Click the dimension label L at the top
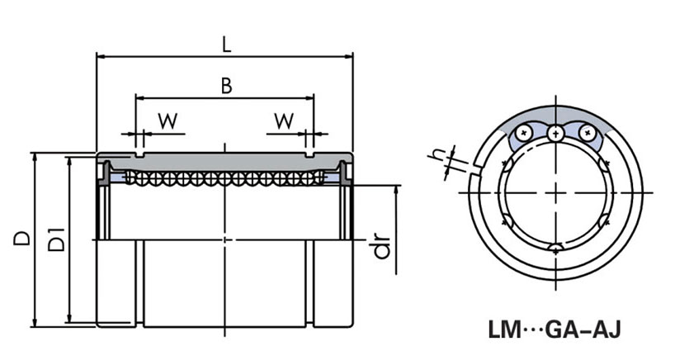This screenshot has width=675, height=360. [226, 43]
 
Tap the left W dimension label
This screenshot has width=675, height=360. [168, 120]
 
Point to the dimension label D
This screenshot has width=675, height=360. [22, 239]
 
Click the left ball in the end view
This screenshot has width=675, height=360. [522, 132]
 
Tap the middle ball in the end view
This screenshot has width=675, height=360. [555, 131]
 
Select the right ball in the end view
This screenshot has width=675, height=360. [586, 132]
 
